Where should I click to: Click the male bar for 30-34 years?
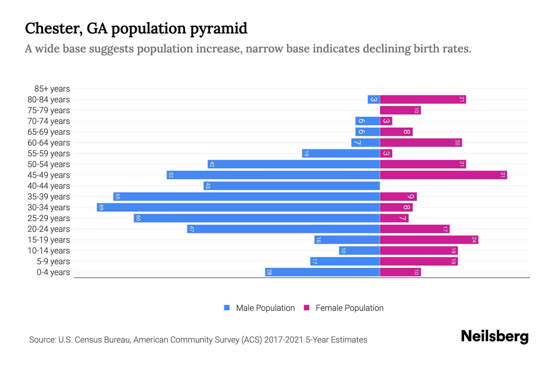(238, 207)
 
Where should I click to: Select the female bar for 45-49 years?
(443, 175)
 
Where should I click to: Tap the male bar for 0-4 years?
(322, 272)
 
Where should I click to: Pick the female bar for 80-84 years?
(422, 99)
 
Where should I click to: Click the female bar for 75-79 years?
(400, 110)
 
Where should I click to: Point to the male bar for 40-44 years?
(291, 186)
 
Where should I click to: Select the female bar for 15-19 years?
(429, 240)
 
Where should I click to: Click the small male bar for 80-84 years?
(374, 99)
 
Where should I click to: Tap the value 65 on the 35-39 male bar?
(117, 196)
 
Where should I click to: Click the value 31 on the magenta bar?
(503, 175)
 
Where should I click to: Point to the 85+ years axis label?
(52, 89)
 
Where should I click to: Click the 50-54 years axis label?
(49, 164)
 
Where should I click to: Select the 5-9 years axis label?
(53, 261)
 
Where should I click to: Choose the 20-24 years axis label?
(49, 229)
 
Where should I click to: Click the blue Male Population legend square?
(227, 308)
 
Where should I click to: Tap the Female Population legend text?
(349, 308)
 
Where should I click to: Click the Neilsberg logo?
(495, 336)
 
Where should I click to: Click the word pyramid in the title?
(218, 29)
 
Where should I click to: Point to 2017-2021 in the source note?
(284, 340)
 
